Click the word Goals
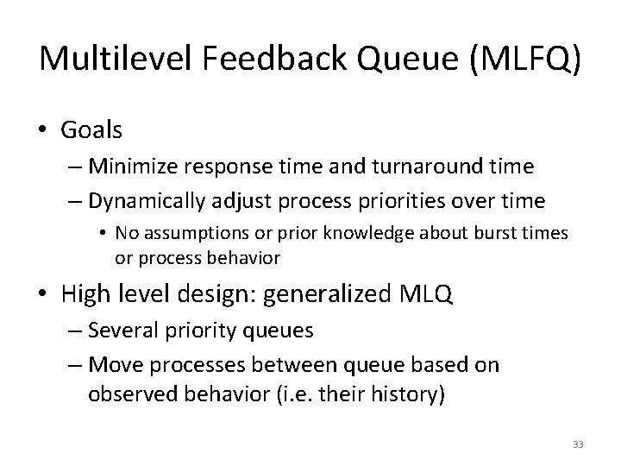[92, 130]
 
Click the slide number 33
[577, 444]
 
